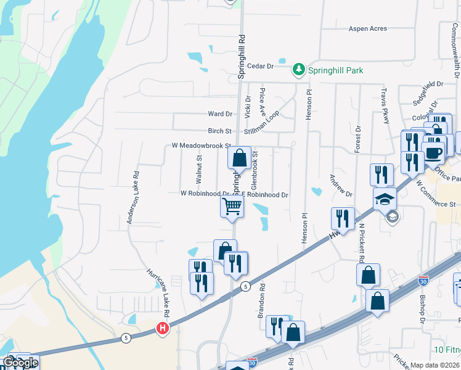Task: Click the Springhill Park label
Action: [x=336, y=70]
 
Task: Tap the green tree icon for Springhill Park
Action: [x=299, y=68]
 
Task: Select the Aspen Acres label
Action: [x=368, y=29]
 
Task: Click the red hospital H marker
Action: [x=163, y=328]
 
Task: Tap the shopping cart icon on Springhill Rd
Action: [x=232, y=207]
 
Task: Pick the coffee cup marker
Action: [x=434, y=152]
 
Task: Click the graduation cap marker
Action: [x=385, y=199]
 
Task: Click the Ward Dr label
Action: [x=220, y=114]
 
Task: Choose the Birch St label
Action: [x=219, y=131]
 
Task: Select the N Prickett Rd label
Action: [x=362, y=242]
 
